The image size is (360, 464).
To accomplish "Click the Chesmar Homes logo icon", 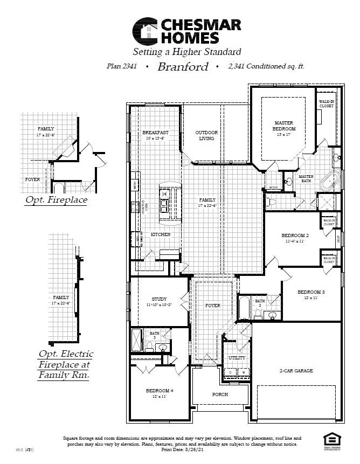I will click(x=146, y=31).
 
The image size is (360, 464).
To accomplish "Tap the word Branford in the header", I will click(x=183, y=67).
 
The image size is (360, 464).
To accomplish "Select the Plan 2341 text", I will click(x=122, y=67).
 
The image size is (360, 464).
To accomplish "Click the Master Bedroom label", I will click(x=283, y=126).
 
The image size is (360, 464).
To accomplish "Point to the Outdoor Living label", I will click(x=206, y=135).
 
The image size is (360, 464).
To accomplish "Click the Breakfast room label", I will click(x=155, y=133).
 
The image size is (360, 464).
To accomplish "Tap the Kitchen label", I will click(x=160, y=234).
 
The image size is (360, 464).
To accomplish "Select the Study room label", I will click(x=159, y=299).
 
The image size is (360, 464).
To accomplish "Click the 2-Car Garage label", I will click(x=296, y=371).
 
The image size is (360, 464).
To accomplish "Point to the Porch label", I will click(x=220, y=394).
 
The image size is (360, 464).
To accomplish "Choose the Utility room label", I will click(x=237, y=358).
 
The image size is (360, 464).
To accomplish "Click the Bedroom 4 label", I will click(x=159, y=390).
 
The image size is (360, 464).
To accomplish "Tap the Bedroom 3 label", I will click(x=311, y=292).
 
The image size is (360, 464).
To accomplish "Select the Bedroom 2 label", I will click(x=295, y=236).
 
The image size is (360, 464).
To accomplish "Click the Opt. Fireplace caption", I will click(x=56, y=200).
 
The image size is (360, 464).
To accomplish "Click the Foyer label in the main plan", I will click(x=213, y=306).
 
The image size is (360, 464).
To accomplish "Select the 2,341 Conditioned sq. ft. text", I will click(x=266, y=67).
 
